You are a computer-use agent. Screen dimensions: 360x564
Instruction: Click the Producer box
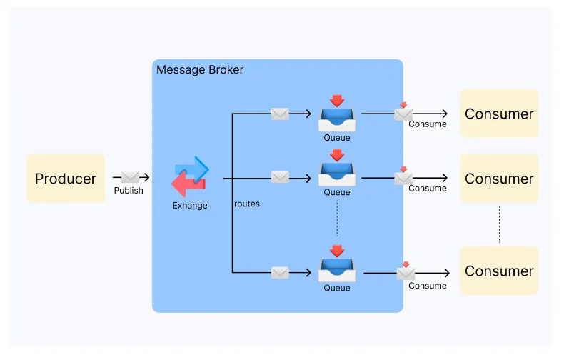pos(66,179)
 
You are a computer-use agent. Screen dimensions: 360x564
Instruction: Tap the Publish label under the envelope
pos(129,191)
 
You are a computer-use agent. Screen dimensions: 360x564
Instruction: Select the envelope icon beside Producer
pos(130,177)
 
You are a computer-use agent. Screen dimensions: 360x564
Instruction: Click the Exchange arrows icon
pos(190,177)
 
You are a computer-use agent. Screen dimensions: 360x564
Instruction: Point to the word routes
pos(247,204)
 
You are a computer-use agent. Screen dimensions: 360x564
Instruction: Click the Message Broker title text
pos(200,70)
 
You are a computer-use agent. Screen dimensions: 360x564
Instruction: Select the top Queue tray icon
pos(337,116)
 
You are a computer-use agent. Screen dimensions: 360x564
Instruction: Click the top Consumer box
pos(499,114)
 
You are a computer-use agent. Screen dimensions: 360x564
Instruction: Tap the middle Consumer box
pos(499,179)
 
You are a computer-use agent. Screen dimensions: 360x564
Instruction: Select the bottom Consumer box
pos(499,271)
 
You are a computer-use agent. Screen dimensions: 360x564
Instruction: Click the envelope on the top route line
pos(280,114)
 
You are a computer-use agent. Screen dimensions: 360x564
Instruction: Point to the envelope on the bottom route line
pos(280,272)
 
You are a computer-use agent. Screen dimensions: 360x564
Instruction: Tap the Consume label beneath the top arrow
pos(428,124)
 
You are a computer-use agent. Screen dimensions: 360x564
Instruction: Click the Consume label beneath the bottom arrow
pos(428,286)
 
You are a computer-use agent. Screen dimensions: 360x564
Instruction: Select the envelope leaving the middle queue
pos(403,177)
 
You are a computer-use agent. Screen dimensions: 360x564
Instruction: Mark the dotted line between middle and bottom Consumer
pos(499,224)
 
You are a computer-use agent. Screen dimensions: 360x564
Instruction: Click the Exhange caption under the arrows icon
pos(190,206)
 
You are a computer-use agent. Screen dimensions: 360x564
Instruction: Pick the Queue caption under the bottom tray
pos(337,288)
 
